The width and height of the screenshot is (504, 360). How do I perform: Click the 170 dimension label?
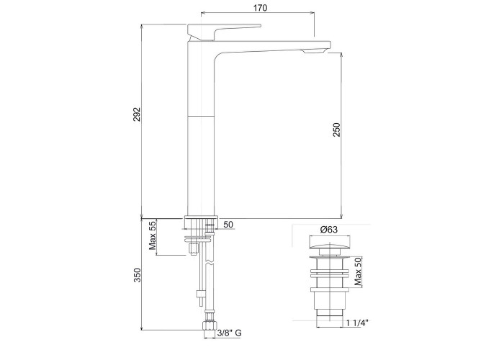pos(260,7)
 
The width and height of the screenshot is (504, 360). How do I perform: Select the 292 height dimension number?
pos(138,114)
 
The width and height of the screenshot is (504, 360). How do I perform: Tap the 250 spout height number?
pos(336,130)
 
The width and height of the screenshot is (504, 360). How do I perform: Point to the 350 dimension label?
pos(138,275)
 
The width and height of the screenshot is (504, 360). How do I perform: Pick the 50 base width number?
pos(228,225)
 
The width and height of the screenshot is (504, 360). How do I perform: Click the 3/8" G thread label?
pos(229,333)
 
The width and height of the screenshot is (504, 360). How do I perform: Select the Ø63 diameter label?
pos(328,230)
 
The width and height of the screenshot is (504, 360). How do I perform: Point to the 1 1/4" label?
pos(357,323)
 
